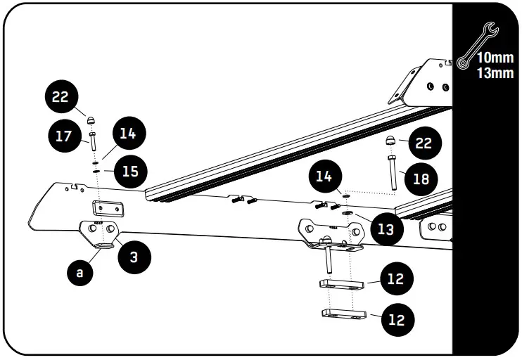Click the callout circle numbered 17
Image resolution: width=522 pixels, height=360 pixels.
(x=64, y=135)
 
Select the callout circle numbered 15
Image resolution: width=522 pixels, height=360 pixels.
(x=130, y=171)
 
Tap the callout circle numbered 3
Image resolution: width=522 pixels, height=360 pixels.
(x=134, y=257)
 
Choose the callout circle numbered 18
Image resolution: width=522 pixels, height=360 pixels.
(x=421, y=179)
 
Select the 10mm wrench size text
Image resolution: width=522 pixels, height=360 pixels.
(x=495, y=58)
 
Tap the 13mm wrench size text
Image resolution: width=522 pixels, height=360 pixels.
(x=495, y=72)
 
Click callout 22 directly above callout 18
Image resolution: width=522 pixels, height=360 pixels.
(x=423, y=143)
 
